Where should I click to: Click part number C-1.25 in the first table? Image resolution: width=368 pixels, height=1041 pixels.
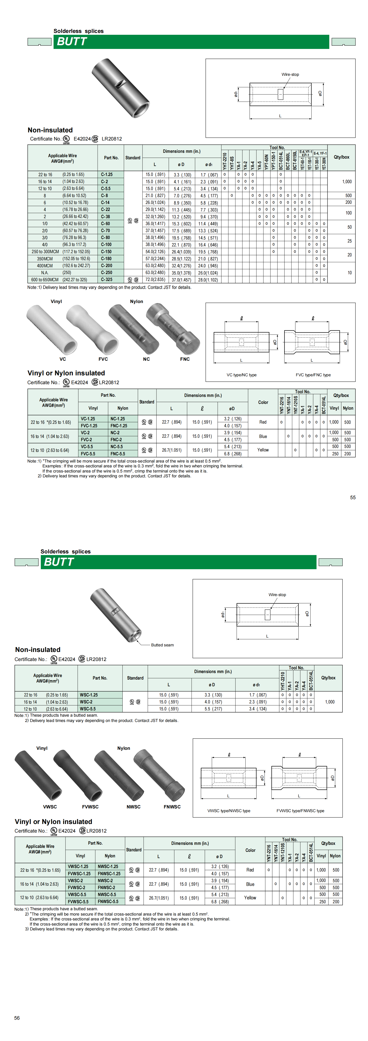point(107,175)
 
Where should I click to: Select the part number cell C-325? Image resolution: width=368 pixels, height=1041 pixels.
point(107,280)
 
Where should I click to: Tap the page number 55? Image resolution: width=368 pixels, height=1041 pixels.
point(353,498)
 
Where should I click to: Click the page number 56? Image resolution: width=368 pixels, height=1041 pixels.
point(17,1018)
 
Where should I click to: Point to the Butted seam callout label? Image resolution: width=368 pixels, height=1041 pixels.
point(162,645)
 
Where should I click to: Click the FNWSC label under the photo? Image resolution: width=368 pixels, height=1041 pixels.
point(172,807)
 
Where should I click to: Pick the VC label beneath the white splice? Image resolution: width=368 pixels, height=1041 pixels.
point(63,359)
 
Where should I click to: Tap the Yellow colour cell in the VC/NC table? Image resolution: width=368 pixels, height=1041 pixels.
point(263,450)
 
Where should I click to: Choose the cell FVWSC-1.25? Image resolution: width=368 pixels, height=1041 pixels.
point(79,873)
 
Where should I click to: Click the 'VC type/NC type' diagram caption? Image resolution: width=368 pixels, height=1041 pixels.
point(241,375)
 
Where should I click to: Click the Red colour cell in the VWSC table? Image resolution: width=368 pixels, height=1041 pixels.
point(250,870)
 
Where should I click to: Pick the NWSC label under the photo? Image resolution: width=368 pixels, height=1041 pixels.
point(134,807)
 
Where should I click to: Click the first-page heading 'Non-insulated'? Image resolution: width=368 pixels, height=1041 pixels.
point(50,130)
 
